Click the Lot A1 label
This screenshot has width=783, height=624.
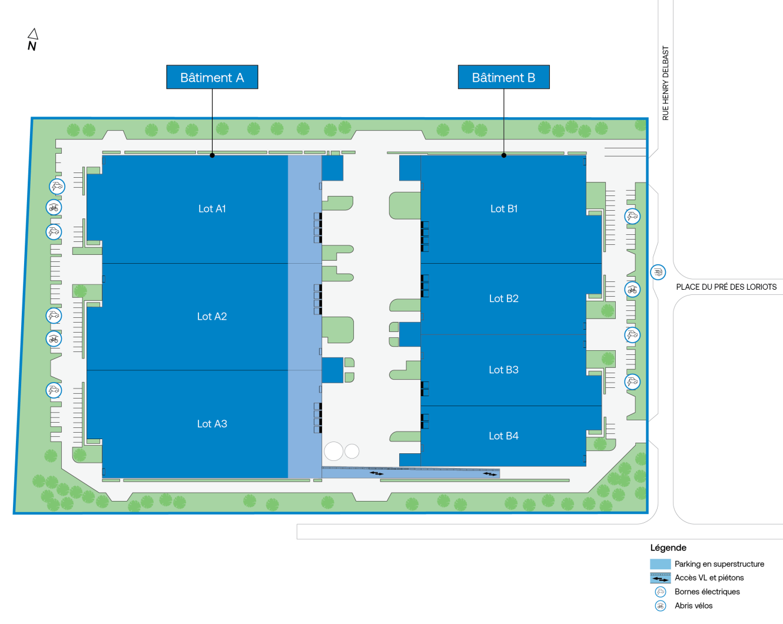(x=212, y=208)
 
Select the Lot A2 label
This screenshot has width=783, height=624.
(x=212, y=316)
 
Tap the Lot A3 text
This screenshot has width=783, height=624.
(x=212, y=423)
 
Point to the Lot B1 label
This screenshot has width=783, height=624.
(x=504, y=208)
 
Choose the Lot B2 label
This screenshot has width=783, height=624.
(x=504, y=298)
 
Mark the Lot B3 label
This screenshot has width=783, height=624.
(x=504, y=370)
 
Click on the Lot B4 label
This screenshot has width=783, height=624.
(x=504, y=436)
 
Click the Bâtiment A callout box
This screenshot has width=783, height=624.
(x=212, y=77)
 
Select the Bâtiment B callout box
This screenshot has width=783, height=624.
(x=504, y=77)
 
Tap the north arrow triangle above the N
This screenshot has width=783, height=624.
(x=34, y=34)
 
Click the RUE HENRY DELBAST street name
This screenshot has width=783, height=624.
(x=665, y=83)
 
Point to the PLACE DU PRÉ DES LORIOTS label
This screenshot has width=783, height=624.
(x=726, y=287)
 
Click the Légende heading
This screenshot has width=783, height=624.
(x=668, y=547)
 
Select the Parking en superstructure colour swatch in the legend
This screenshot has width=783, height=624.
(x=661, y=564)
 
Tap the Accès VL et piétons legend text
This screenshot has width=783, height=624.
(x=709, y=577)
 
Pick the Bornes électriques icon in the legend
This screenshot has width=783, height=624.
(x=661, y=592)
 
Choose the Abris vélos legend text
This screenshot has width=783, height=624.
(x=694, y=605)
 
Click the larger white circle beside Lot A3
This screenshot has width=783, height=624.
(x=334, y=451)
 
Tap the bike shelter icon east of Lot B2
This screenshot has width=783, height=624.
(x=632, y=290)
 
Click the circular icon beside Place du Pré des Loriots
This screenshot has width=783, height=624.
(x=658, y=272)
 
